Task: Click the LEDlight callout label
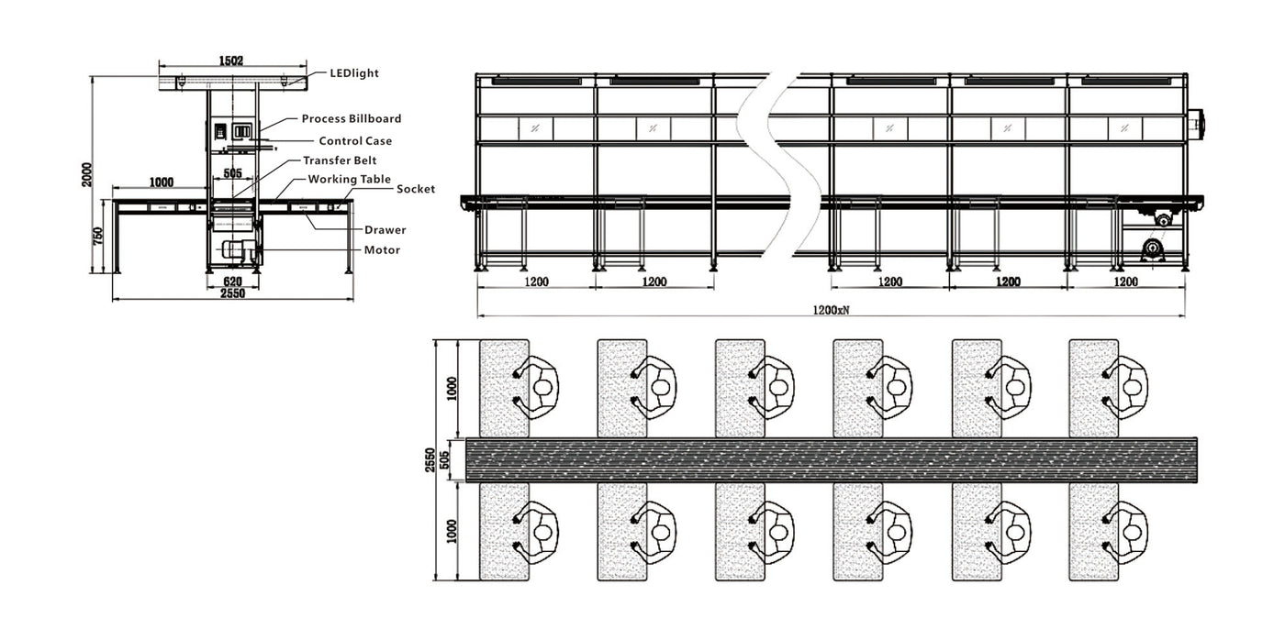click(x=353, y=73)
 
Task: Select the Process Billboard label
click(x=351, y=119)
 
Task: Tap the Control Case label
click(x=354, y=141)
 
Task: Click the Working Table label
click(x=349, y=180)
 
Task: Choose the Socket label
click(x=415, y=190)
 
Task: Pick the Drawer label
click(x=385, y=230)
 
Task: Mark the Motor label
click(x=382, y=250)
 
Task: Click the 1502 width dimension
click(x=231, y=61)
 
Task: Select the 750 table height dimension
click(x=98, y=237)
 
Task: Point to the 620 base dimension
click(x=232, y=281)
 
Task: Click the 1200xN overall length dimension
click(x=831, y=310)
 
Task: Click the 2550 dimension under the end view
click(x=232, y=293)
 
